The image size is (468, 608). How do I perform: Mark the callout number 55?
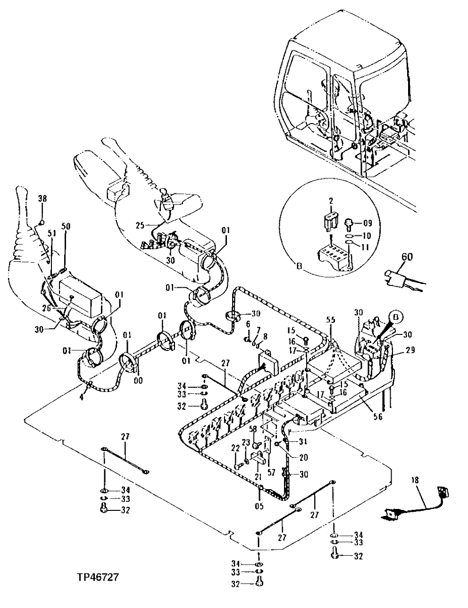(330, 320)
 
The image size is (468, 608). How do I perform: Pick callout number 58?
(253, 429)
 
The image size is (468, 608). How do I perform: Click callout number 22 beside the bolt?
(235, 449)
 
